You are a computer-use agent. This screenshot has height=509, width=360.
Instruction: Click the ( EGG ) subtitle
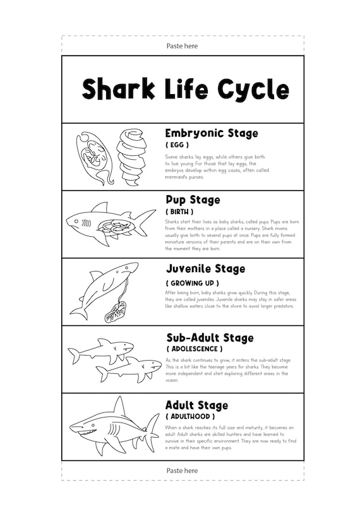177,145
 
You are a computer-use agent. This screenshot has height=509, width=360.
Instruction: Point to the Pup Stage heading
193,200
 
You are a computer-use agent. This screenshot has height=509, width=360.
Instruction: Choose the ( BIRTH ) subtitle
179,212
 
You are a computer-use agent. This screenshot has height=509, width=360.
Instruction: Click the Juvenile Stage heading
205,269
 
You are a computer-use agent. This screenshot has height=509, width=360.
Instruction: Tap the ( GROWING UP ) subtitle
193,283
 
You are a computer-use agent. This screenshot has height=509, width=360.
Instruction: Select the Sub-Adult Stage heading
209,338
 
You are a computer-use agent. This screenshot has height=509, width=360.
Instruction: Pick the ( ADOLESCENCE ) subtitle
195,349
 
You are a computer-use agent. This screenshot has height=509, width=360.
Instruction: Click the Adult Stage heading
196,405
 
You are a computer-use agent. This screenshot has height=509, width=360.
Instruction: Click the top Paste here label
182,46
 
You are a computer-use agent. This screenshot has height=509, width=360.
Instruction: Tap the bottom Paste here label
182,470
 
